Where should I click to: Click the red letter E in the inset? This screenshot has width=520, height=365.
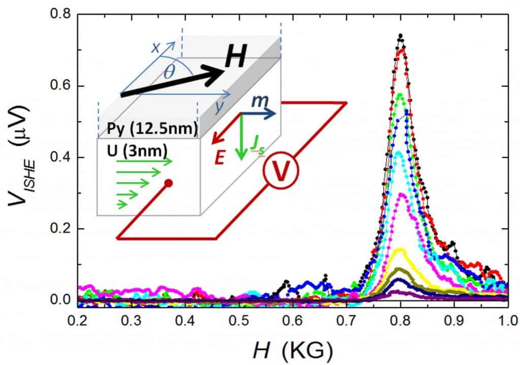219,157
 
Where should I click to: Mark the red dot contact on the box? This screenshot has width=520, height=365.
169,183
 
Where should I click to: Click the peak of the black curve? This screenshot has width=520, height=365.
401,36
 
